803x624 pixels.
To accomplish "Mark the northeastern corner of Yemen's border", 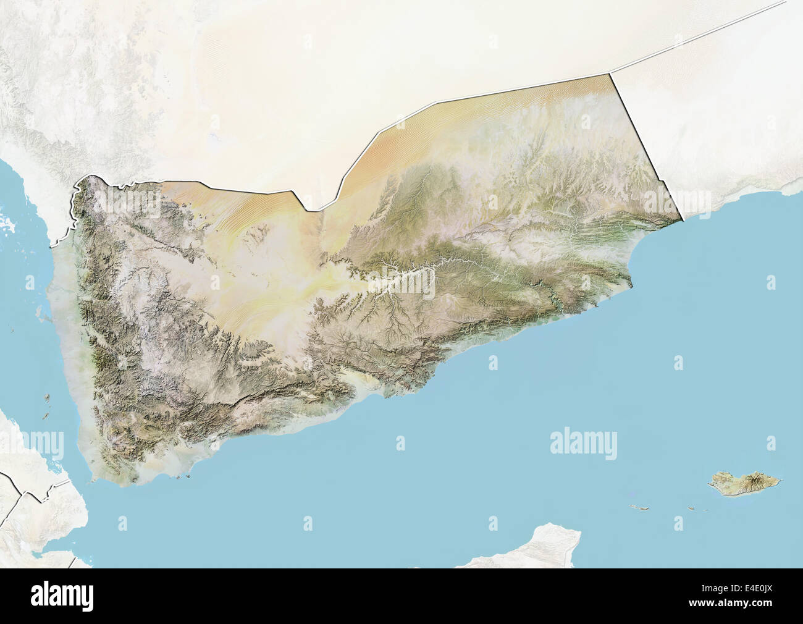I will (610, 74).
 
